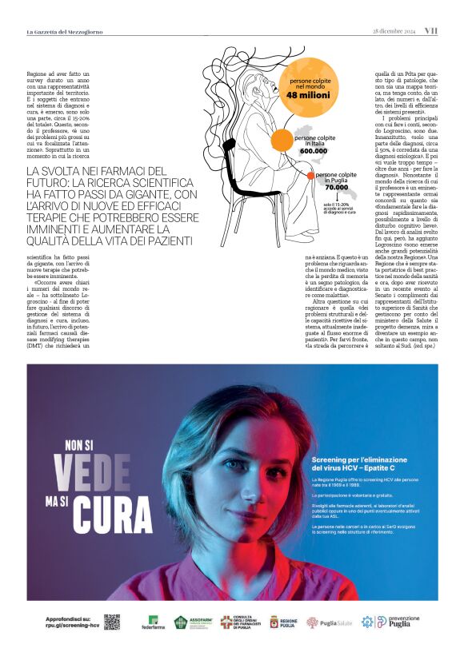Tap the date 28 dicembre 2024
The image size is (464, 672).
tap(394, 31)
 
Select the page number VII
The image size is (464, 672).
tap(430, 31)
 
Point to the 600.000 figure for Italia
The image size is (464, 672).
tap(314, 150)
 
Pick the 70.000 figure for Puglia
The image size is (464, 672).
tap(336, 187)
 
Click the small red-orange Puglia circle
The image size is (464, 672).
tap(310, 175)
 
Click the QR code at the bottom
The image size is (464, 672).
tap(111, 622)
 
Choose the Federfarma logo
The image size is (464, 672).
tap(153, 622)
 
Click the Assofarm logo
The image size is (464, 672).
tap(192, 622)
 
